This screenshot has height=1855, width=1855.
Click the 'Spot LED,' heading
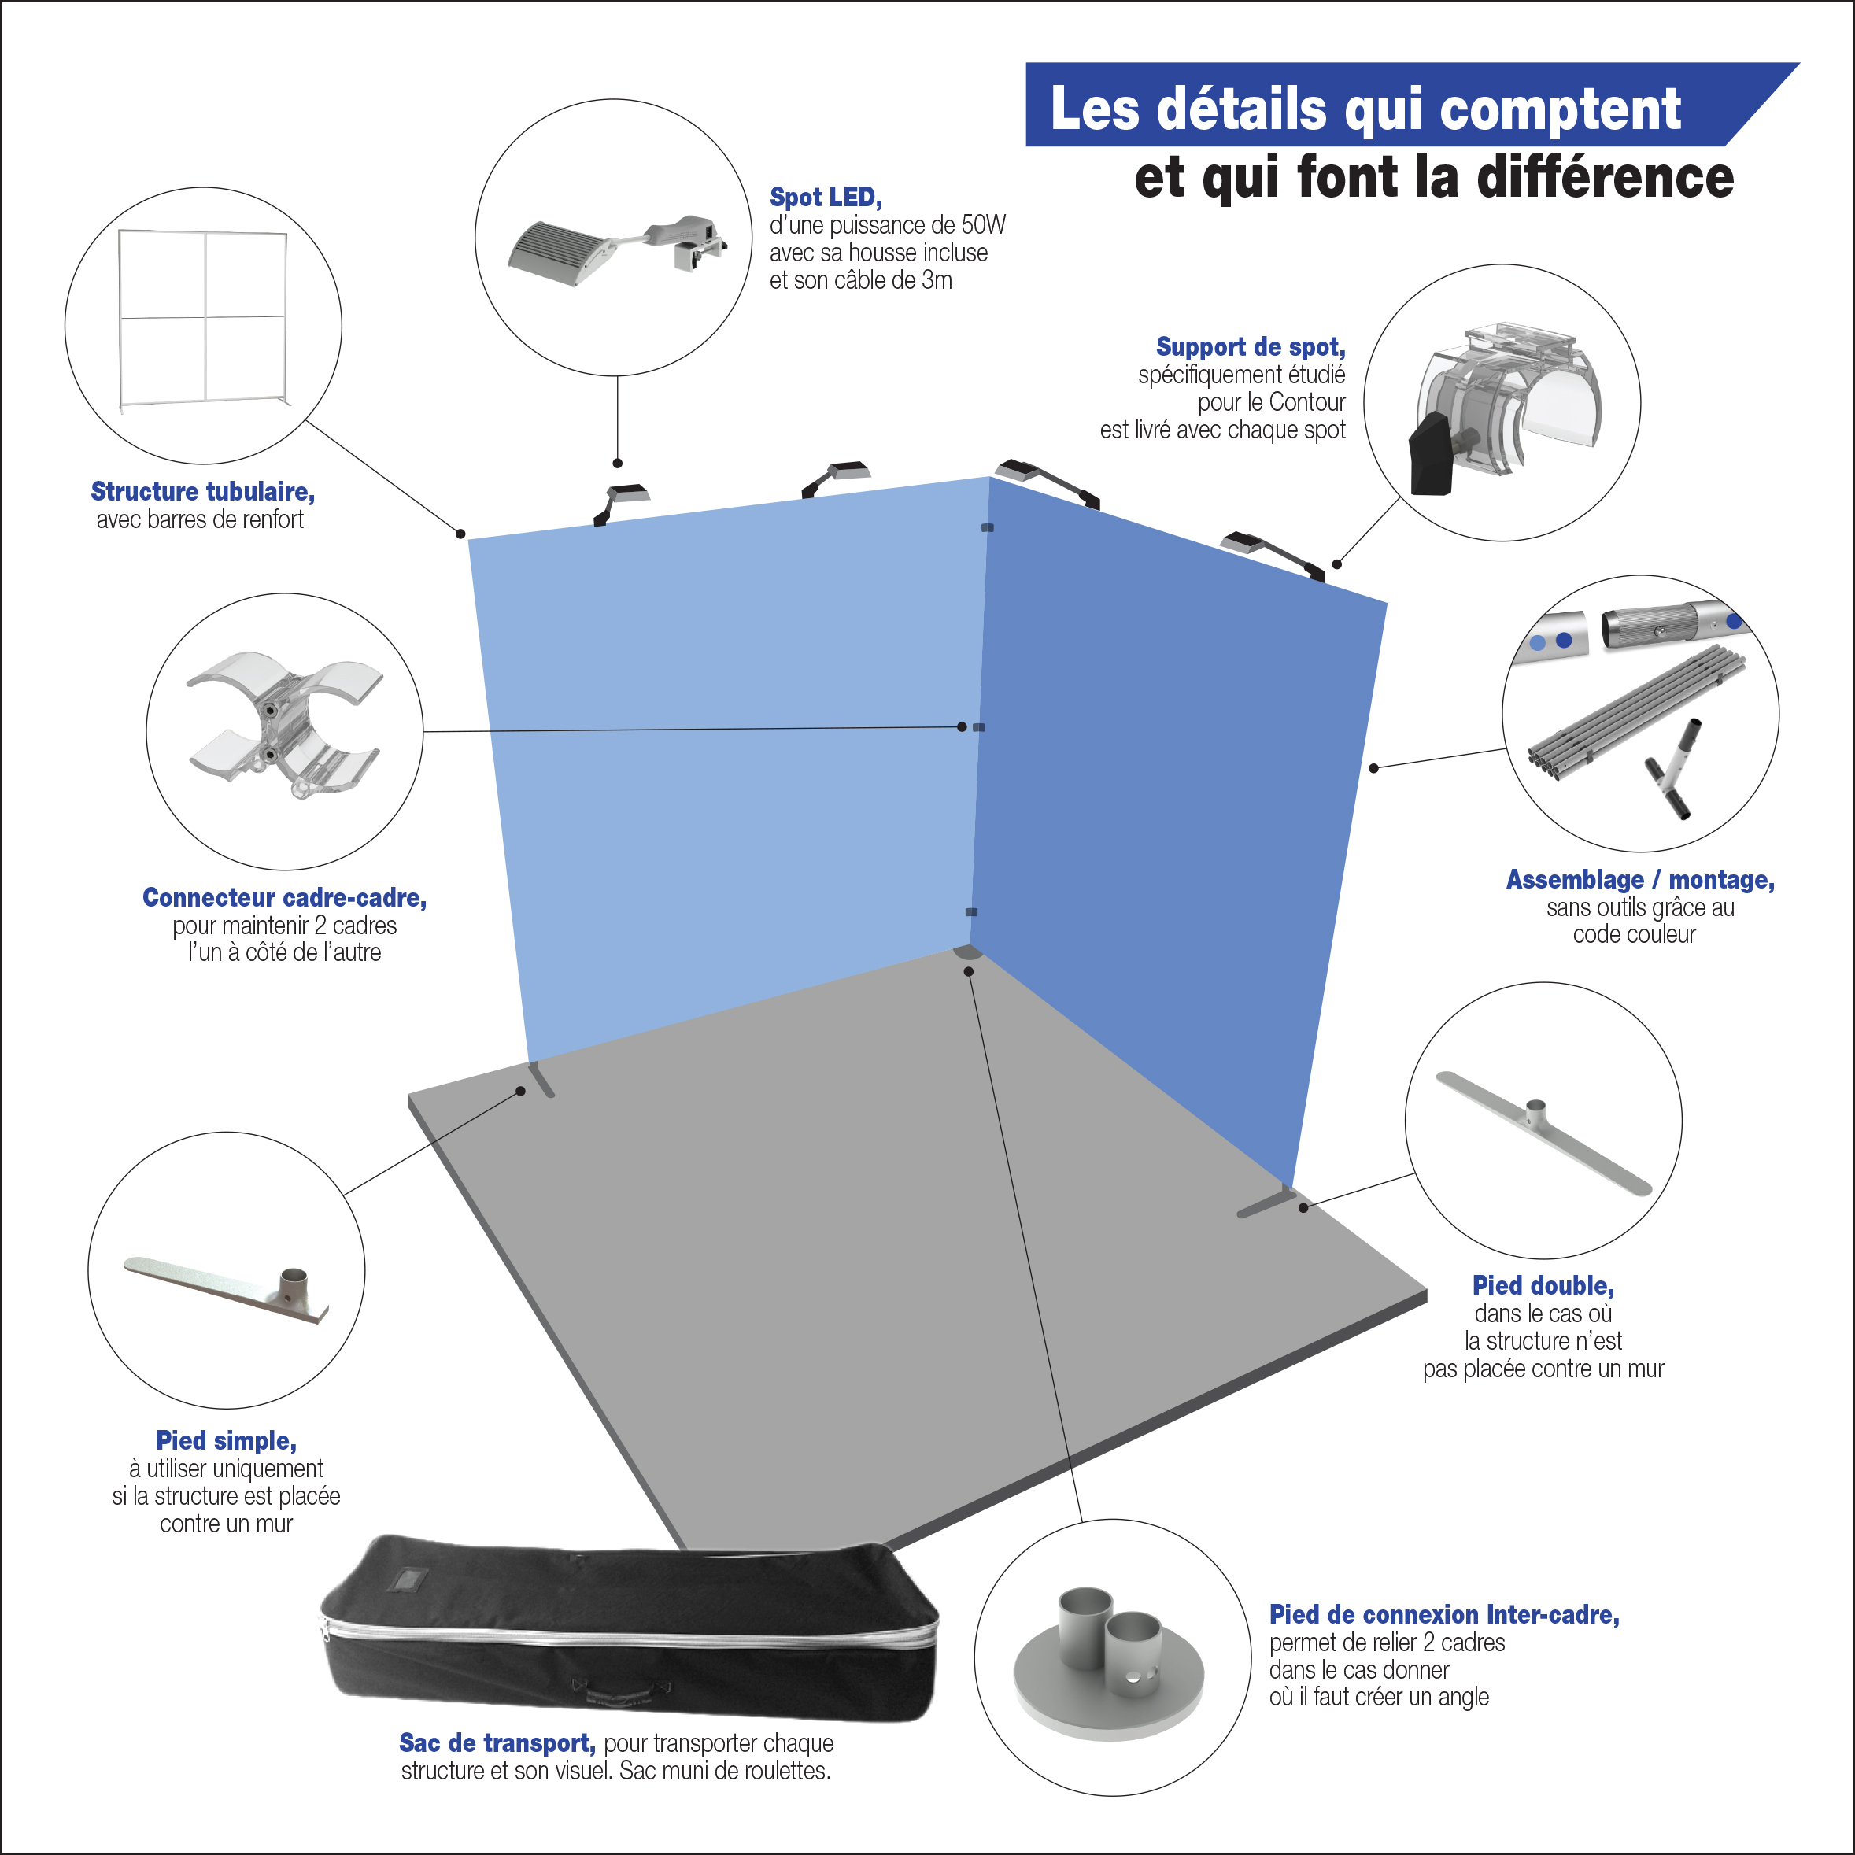[826, 198]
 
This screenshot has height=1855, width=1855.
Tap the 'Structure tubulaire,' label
[202, 492]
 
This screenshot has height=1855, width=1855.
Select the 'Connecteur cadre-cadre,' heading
[284, 898]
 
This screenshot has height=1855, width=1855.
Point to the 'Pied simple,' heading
[227, 1440]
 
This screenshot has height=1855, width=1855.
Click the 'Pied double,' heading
[1543, 1286]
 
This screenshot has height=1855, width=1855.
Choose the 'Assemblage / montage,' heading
[1640, 880]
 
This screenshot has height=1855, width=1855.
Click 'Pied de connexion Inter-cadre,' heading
[1444, 1615]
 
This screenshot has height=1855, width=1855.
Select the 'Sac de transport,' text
[497, 1742]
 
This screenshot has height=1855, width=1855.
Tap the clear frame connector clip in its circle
[284, 724]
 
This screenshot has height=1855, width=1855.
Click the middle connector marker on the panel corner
[978, 728]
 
